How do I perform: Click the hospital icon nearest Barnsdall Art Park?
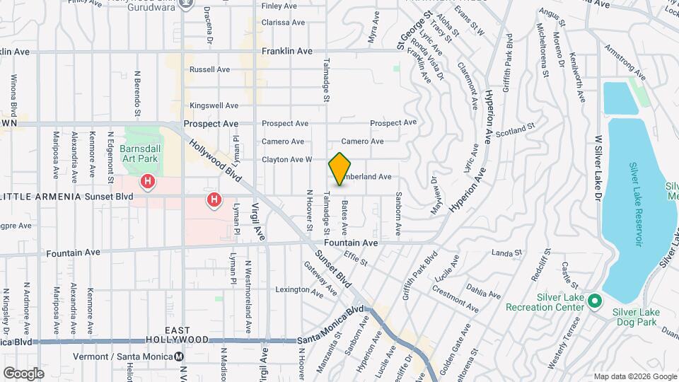coord(148,182)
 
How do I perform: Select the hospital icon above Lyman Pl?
coord(214,201)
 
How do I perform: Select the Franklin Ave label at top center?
coord(286,52)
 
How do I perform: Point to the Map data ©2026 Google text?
coord(634,376)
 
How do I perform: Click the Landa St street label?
coord(506,253)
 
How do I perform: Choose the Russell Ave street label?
coord(209,70)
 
